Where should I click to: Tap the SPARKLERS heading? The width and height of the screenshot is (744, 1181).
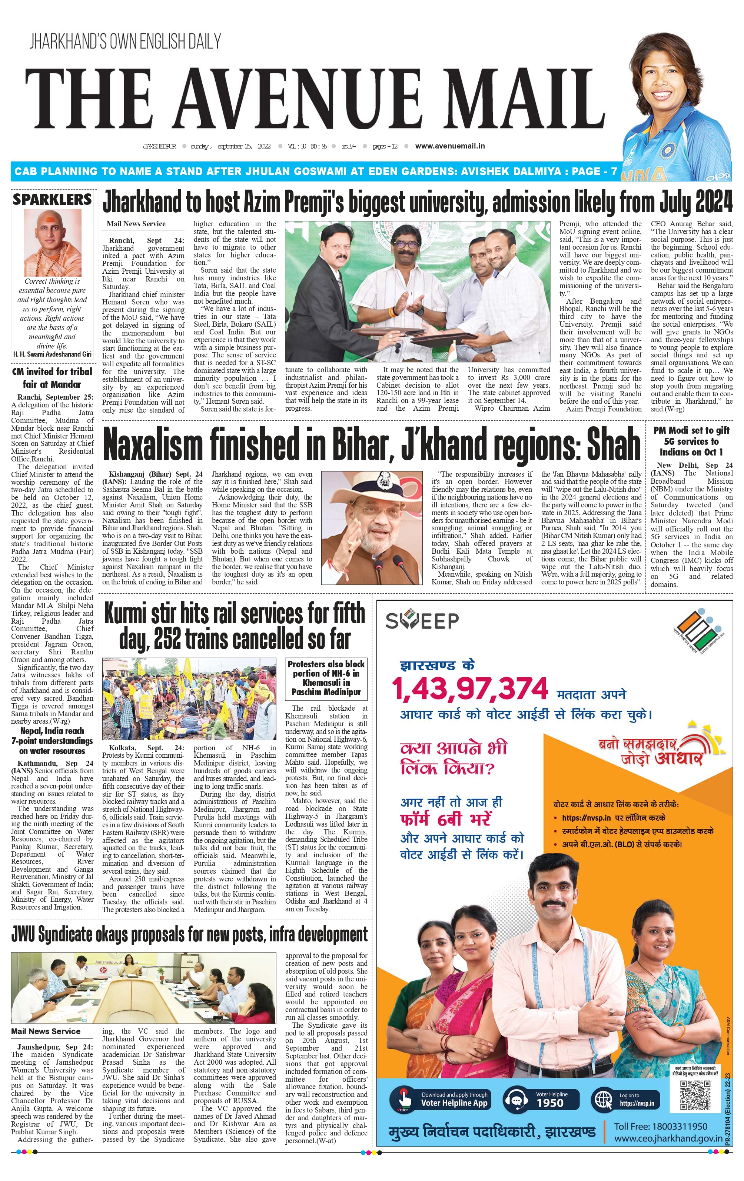52,199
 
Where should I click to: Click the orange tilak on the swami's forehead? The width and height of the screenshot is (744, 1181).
51,216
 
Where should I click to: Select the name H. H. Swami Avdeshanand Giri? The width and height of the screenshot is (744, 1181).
52,354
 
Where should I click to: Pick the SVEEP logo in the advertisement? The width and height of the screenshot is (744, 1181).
422,620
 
